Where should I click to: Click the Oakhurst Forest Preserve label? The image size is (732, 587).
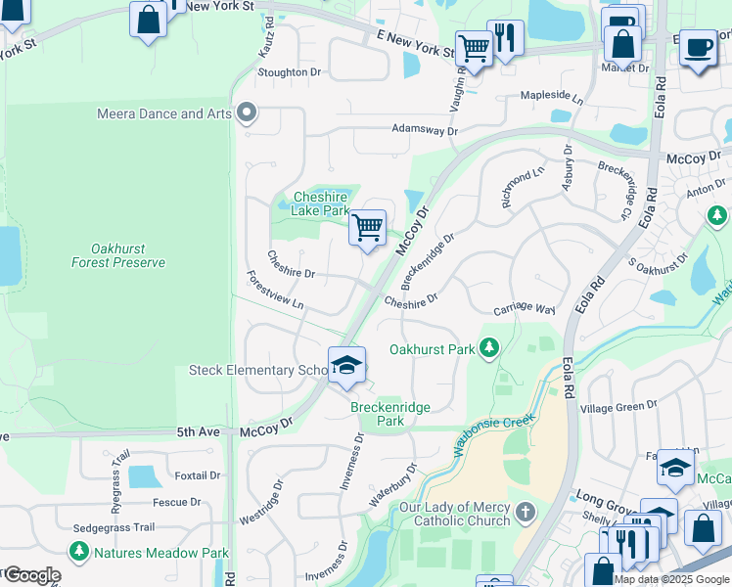(x=118, y=255)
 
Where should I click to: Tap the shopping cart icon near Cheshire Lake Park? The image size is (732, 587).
(x=368, y=228)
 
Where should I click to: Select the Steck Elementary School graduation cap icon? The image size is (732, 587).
(x=346, y=366)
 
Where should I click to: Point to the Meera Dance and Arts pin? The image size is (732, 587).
(x=247, y=113)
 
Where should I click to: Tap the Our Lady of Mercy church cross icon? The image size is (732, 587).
(x=526, y=512)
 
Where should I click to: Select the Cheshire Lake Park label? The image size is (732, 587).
(x=320, y=203)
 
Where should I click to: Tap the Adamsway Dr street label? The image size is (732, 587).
(x=425, y=129)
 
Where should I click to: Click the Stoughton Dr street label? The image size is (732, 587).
(x=289, y=72)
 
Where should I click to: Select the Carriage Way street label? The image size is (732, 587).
(x=525, y=308)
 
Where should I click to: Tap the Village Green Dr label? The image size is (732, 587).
(x=618, y=406)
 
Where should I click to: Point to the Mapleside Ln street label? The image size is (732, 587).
(x=551, y=99)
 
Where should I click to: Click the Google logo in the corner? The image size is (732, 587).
(x=31, y=575)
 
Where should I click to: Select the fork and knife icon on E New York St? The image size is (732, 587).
(x=505, y=39)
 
